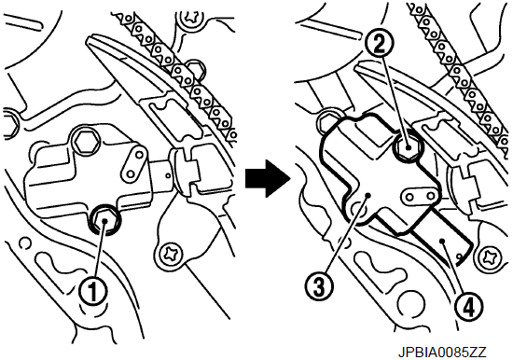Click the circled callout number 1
93,291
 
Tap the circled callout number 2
380,44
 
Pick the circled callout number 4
469,307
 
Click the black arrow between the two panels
268,179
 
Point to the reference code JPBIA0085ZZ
442,353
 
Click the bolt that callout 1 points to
104,220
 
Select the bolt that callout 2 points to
408,147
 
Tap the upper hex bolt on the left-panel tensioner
86,141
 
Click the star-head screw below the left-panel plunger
170,255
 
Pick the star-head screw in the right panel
491,254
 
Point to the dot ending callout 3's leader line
368,195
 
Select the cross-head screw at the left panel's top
191,18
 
